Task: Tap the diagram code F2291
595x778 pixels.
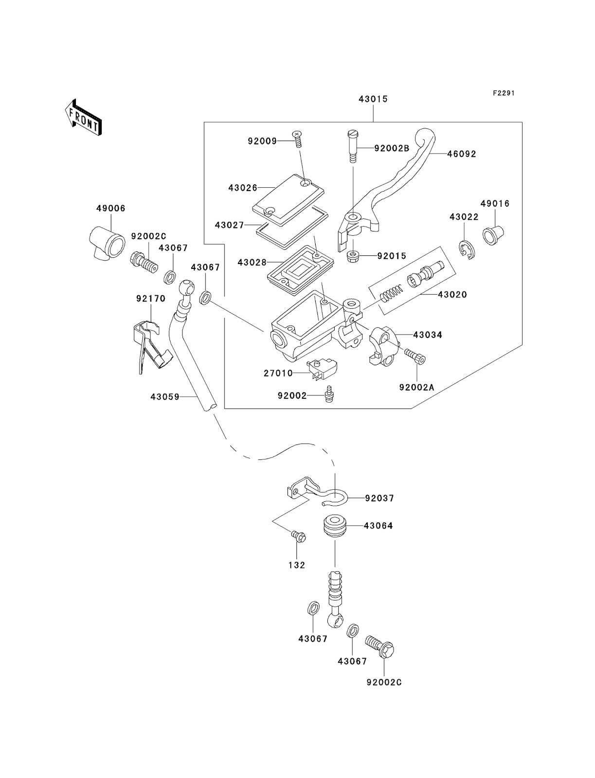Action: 503,93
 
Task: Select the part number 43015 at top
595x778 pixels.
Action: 373,99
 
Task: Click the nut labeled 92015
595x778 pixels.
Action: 352,256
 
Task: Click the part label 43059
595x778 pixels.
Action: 165,397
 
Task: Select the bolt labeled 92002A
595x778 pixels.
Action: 416,388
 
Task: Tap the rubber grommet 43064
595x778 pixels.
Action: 335,526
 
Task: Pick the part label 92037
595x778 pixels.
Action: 379,498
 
